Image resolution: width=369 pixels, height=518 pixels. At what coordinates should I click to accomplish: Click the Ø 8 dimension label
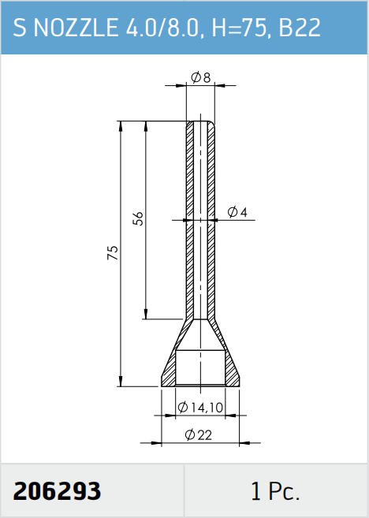[200, 78]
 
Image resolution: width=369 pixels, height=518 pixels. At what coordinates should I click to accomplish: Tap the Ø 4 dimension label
[237, 212]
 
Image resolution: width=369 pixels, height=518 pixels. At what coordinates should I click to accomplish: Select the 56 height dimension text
[139, 218]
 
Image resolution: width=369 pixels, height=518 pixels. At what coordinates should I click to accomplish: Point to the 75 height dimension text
[113, 252]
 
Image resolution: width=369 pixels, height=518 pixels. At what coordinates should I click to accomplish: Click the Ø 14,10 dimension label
[200, 408]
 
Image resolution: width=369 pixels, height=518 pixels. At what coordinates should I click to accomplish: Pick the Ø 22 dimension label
[198, 434]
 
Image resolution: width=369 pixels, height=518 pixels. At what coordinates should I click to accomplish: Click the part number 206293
[57, 491]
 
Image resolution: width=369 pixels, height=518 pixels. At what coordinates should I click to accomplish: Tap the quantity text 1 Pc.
[275, 491]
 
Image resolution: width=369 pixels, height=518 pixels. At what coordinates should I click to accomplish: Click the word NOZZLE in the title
[76, 28]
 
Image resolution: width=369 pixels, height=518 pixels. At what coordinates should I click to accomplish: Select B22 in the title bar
[300, 28]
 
